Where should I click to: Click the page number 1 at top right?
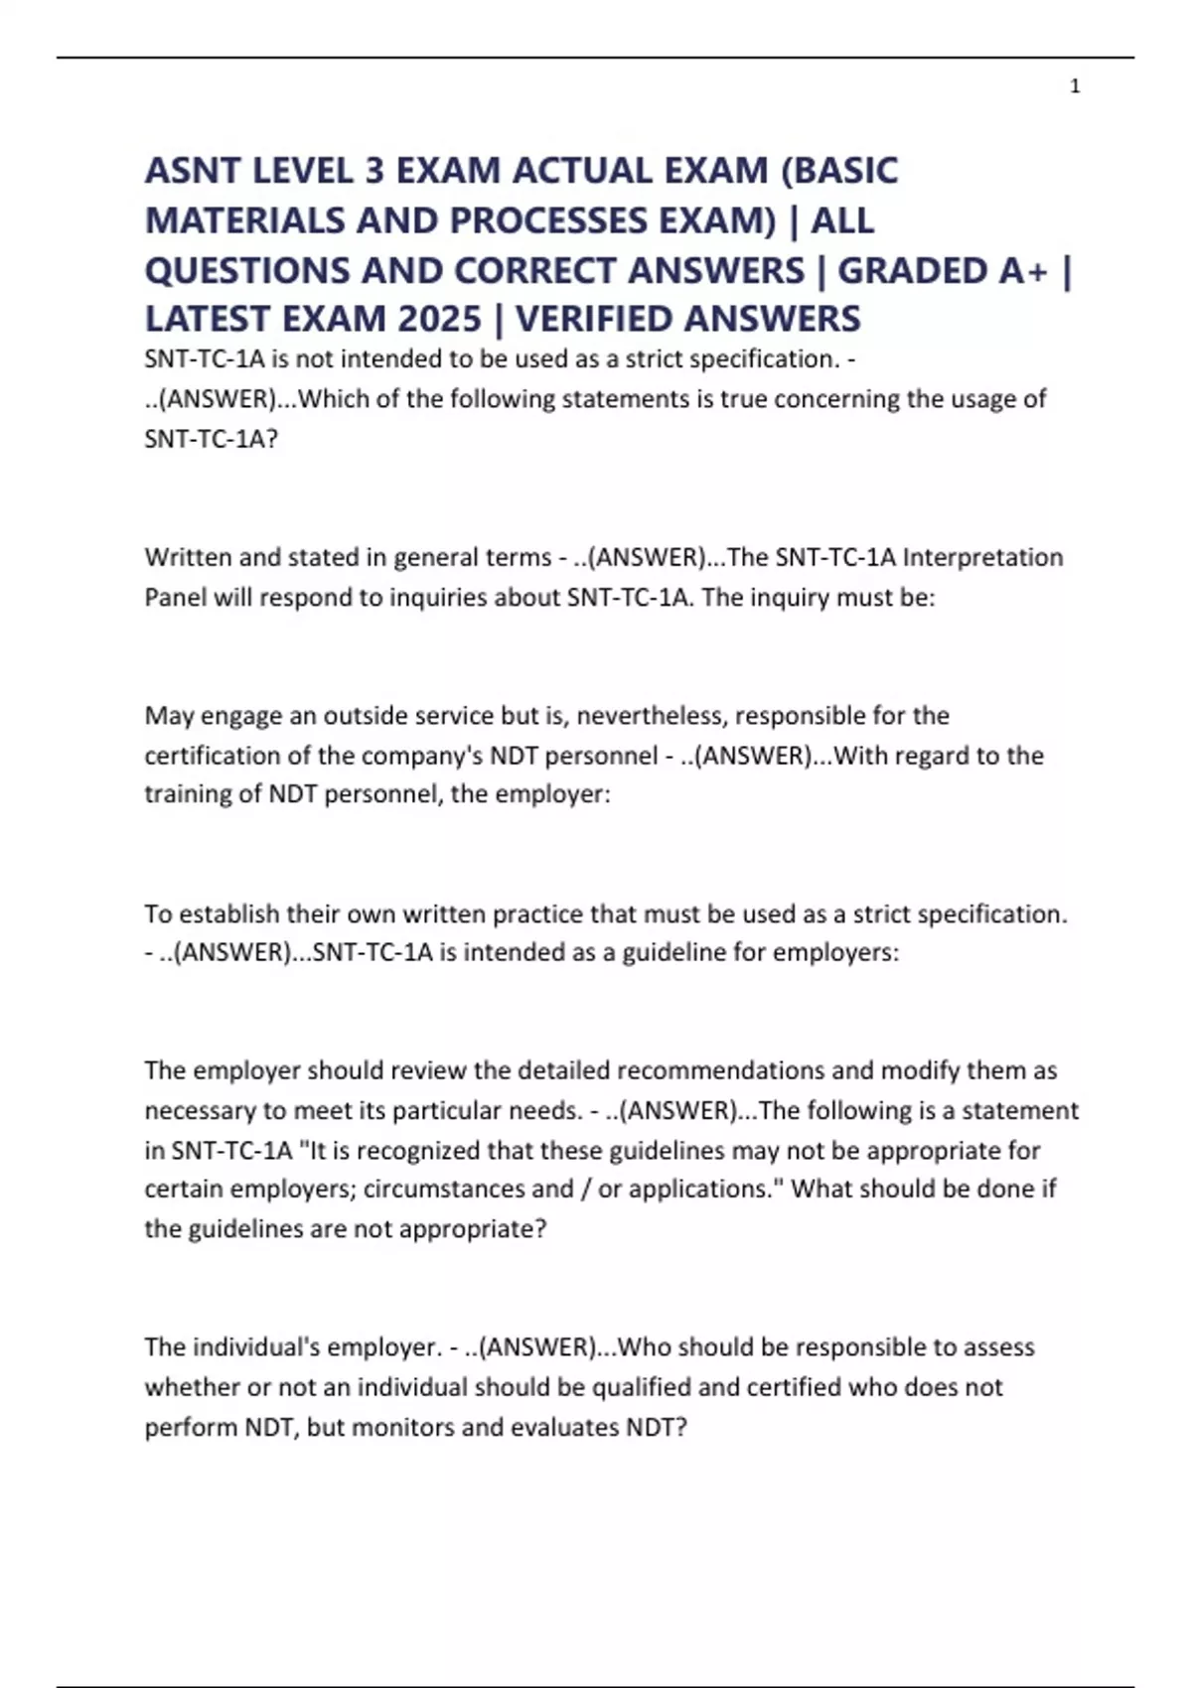1075,87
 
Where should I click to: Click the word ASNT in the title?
192,171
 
